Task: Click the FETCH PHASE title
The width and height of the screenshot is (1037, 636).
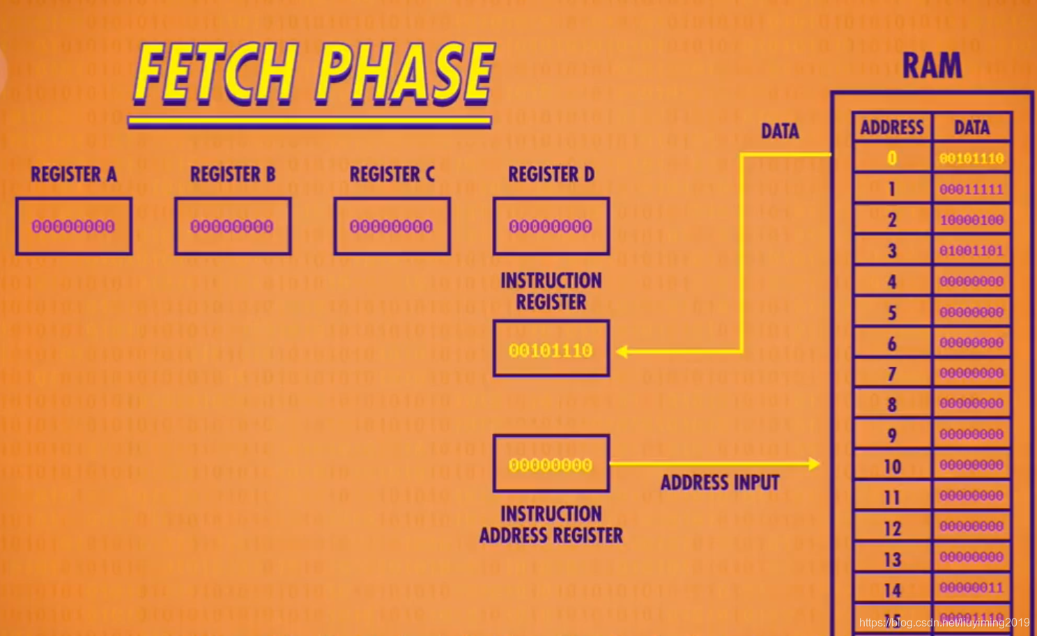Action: point(314,73)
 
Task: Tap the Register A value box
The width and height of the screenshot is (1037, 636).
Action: point(73,226)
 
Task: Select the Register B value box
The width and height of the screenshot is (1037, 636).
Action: point(232,226)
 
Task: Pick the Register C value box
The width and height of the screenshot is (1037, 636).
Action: point(392,226)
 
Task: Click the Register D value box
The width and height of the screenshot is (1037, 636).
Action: point(551,226)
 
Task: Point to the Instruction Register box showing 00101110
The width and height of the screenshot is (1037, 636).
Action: point(551,350)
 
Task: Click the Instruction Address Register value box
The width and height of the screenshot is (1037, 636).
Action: point(551,465)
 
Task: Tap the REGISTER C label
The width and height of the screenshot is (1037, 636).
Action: point(392,174)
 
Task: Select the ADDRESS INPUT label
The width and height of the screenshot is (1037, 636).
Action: point(720,483)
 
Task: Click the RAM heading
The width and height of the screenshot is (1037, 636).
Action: point(932,66)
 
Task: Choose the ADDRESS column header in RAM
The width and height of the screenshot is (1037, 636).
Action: point(892,127)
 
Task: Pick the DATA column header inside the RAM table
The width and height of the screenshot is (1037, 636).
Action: point(971,127)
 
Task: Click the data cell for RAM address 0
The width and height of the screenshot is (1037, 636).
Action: point(971,159)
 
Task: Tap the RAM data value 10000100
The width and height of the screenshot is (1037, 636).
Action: point(971,220)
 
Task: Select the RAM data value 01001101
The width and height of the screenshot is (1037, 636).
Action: point(971,251)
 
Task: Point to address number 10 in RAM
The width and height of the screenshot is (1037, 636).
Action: point(892,467)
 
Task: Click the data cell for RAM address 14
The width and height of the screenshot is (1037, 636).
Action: point(971,588)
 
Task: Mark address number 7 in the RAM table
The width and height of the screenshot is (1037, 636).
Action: point(892,374)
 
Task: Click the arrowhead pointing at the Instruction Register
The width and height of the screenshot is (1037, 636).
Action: point(622,352)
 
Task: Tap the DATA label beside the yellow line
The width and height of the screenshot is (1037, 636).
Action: point(780,132)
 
